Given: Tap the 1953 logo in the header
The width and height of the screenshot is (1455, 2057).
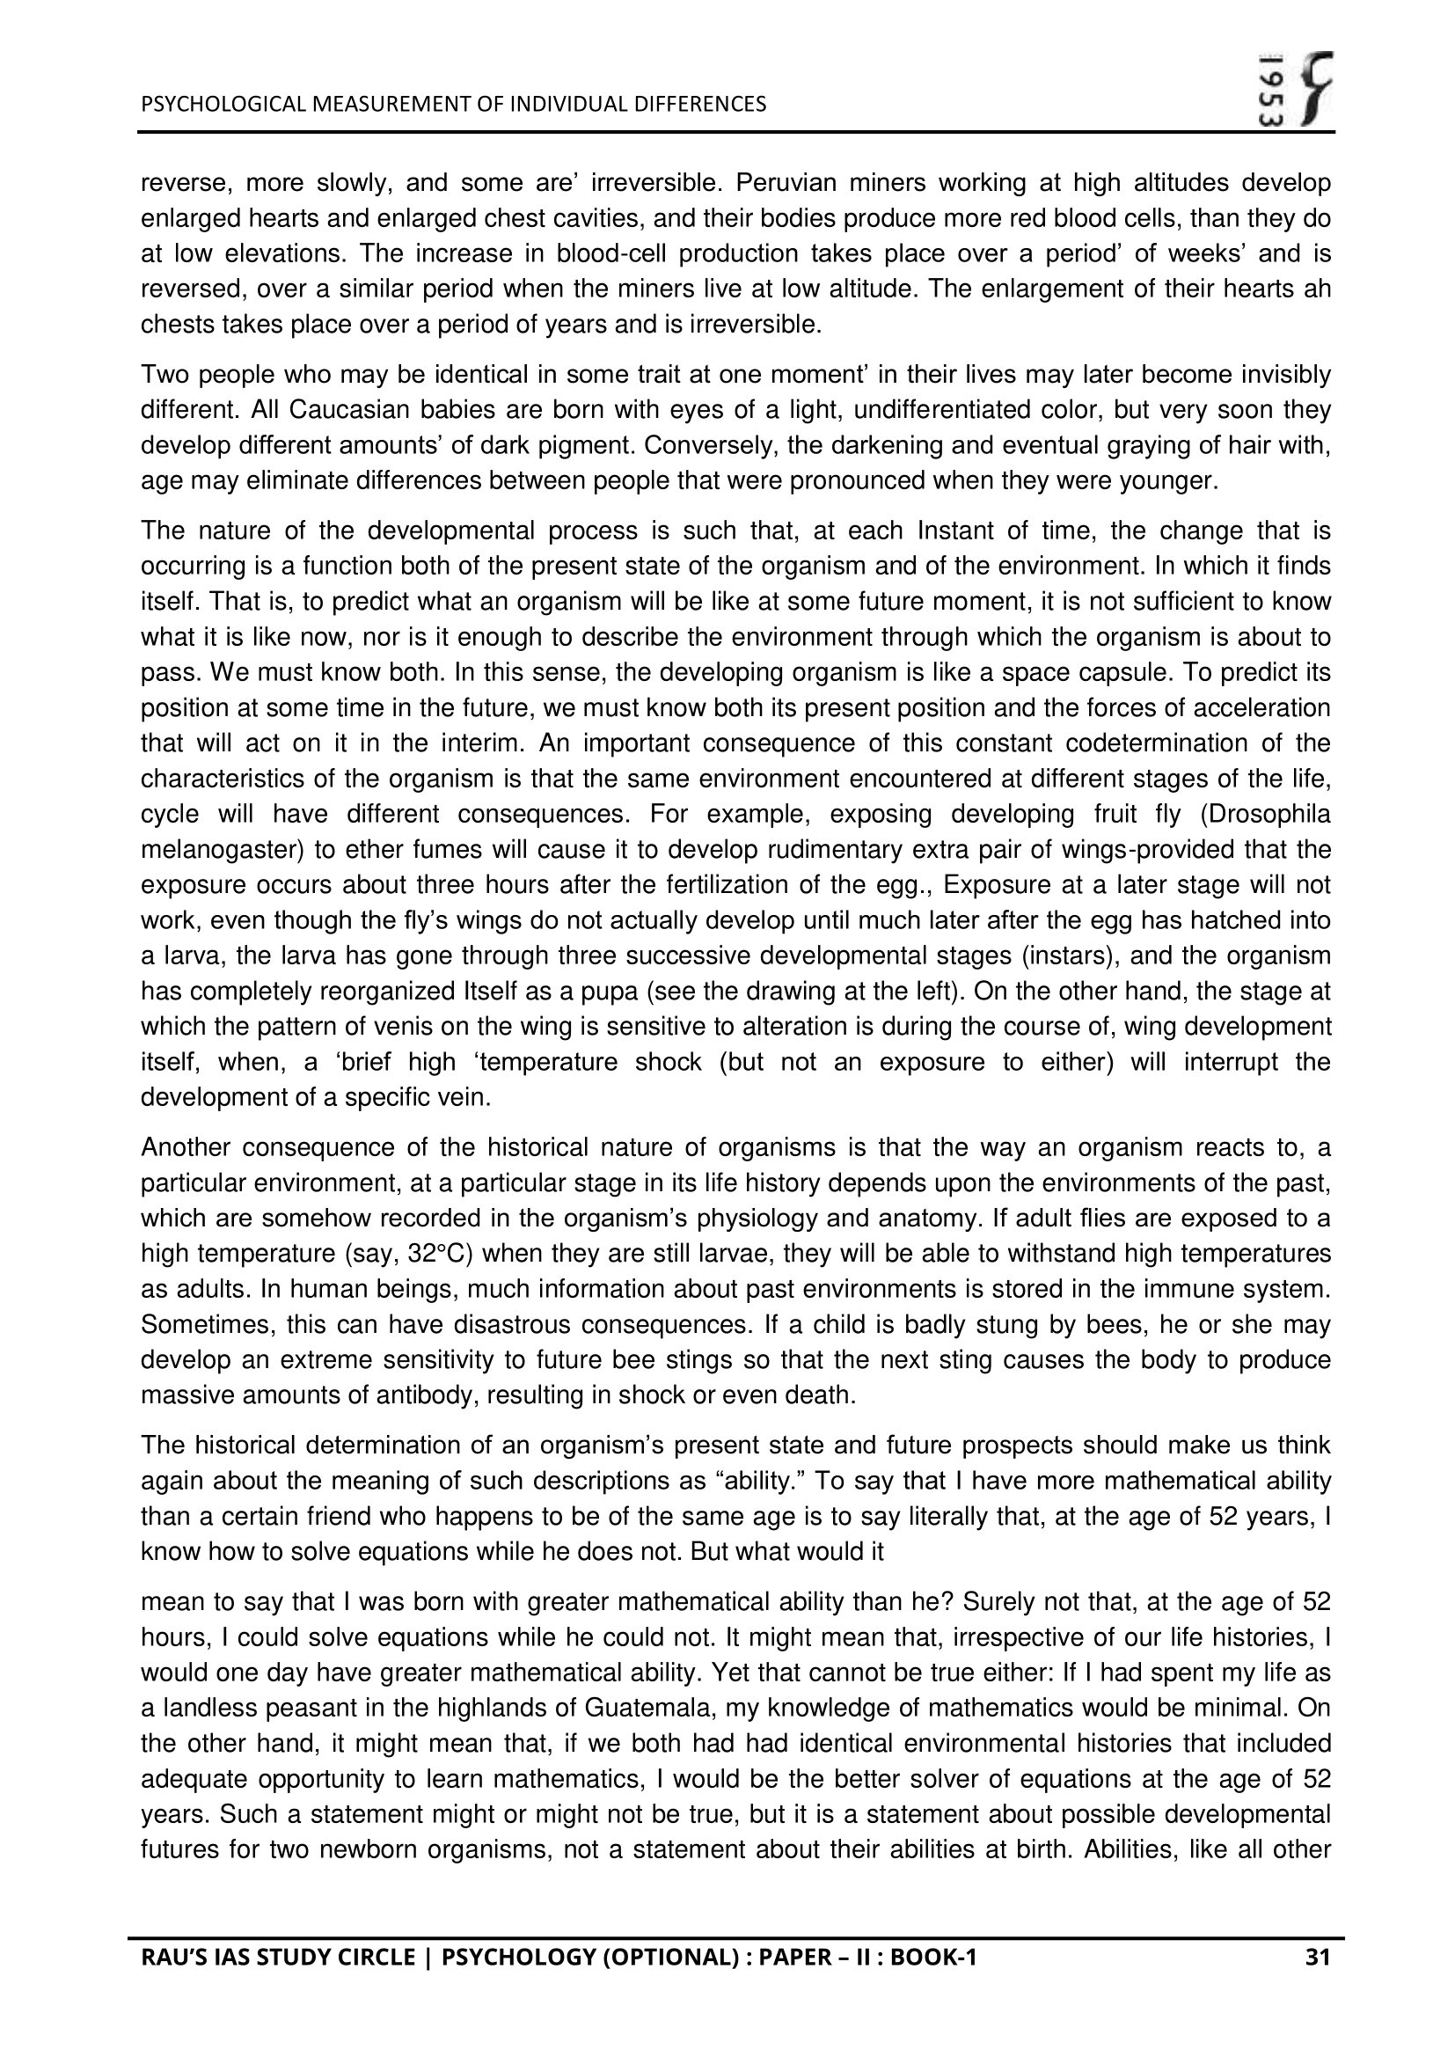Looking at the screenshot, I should (x=1296, y=90).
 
